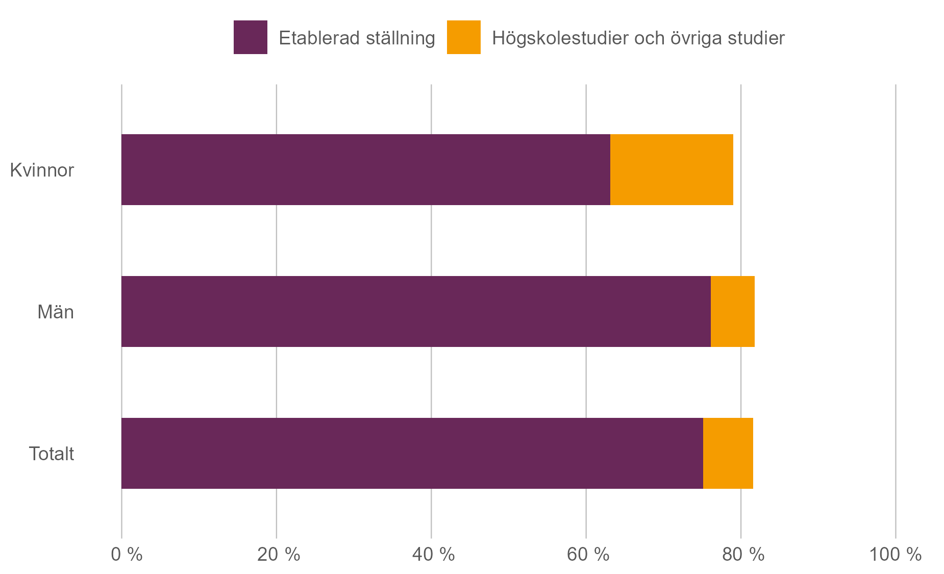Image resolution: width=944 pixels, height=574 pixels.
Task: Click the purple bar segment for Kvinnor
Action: pos(365,170)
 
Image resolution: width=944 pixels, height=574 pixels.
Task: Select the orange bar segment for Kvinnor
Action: pos(672,170)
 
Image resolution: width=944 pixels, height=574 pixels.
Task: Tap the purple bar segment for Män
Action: pos(416,312)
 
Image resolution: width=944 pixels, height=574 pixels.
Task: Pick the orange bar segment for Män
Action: pos(732,312)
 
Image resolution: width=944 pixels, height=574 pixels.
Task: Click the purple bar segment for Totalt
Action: pos(412,454)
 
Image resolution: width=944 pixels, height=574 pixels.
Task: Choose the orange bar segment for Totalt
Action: pos(728,454)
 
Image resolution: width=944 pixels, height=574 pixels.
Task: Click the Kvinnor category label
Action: pos(42,170)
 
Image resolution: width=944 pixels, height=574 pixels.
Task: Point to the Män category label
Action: pos(55,312)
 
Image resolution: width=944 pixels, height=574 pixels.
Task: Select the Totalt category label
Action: pos(51,454)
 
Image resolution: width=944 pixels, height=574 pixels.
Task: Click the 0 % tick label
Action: pos(127,555)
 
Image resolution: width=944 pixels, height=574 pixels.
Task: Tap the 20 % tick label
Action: pos(278,555)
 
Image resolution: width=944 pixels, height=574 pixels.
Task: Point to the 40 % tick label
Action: pos(433,555)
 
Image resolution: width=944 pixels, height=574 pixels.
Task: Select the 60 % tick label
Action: pos(588,555)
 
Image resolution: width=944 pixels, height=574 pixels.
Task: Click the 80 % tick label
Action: pos(743,555)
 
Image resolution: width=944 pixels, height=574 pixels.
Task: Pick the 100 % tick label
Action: pos(895,555)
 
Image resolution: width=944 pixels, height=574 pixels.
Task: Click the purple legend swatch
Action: pos(250,37)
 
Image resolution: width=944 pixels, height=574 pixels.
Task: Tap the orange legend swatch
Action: pos(463,37)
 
